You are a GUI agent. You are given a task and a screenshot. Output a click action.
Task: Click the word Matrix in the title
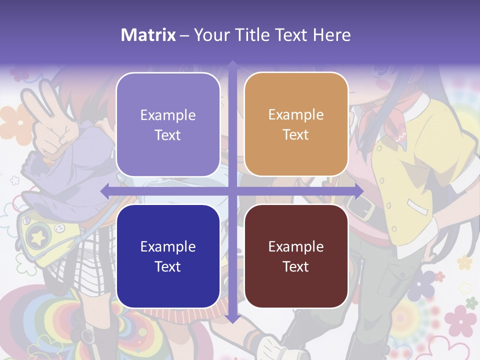[x=148, y=35]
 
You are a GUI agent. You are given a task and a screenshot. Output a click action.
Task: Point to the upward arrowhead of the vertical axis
[x=232, y=65]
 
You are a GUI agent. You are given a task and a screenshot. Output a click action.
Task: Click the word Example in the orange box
[x=296, y=115]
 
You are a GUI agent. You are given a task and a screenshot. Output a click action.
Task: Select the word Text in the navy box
[x=168, y=266]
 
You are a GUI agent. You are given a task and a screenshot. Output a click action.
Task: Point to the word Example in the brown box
[x=296, y=246]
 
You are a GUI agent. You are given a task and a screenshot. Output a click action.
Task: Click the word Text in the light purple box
[x=168, y=135]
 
